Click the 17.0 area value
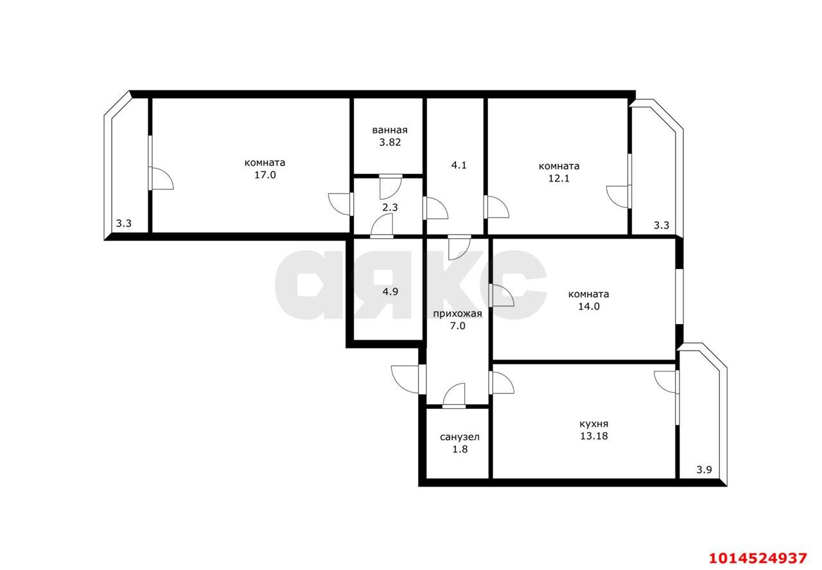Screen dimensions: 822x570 point(265,175)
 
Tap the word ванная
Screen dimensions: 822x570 point(390,130)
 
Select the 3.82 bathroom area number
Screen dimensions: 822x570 point(390,142)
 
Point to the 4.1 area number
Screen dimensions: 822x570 point(459,166)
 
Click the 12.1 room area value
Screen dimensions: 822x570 point(559,178)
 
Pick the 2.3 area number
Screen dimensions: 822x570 point(390,207)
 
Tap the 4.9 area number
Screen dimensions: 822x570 point(390,292)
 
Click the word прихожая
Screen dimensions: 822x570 point(458,314)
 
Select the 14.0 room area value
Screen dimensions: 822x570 point(589,307)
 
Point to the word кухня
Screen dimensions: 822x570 point(594,424)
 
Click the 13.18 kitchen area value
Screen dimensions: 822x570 point(594,436)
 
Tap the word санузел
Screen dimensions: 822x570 point(459,437)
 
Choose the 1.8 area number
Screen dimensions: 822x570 point(460,449)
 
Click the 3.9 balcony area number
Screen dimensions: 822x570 point(704,470)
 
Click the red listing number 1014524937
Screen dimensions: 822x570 point(758,558)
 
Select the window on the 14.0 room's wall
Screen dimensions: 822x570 point(679,297)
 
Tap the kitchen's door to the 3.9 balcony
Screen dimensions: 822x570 point(666,382)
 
